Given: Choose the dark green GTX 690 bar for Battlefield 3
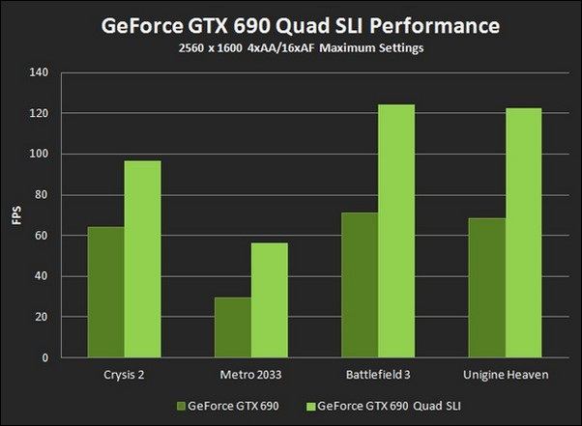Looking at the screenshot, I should [x=359, y=285].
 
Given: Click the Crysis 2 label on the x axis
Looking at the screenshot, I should [x=124, y=373].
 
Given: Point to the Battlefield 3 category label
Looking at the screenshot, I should [x=378, y=373].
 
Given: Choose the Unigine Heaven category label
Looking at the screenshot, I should [x=505, y=373].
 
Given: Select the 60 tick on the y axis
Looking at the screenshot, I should [x=40, y=236].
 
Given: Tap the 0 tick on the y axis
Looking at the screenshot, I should [x=43, y=358].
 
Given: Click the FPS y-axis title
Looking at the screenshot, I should [x=15, y=215].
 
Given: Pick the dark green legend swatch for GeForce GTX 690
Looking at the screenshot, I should [x=182, y=406].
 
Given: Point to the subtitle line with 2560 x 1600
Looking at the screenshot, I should [x=290, y=46].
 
